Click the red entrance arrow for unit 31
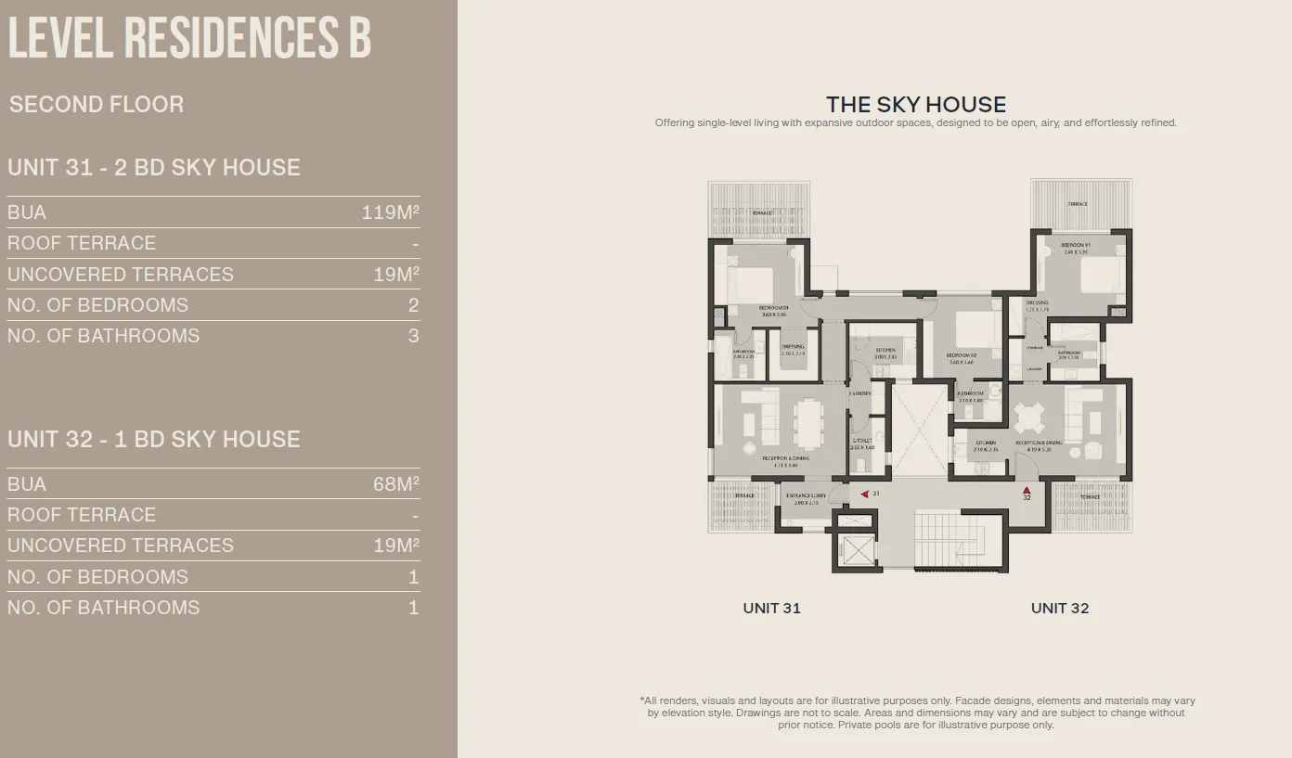pyautogui.click(x=865, y=495)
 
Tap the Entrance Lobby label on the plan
pyautogui.click(x=806, y=496)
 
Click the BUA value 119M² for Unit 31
pyautogui.click(x=390, y=212)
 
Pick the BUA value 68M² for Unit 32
pyautogui.click(x=395, y=484)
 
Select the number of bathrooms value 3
pyautogui.click(x=413, y=336)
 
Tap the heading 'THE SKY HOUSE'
pyautogui.click(x=916, y=104)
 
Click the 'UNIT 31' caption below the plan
pyautogui.click(x=771, y=609)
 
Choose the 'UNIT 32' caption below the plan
pyautogui.click(x=1059, y=609)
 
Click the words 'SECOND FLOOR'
pyautogui.click(x=97, y=104)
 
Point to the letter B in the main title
pyautogui.click(x=359, y=39)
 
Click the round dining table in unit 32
pyautogui.click(x=1028, y=418)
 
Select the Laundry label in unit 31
pyautogui.click(x=860, y=393)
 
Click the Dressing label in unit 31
pyautogui.click(x=794, y=347)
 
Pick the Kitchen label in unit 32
pyautogui.click(x=985, y=443)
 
